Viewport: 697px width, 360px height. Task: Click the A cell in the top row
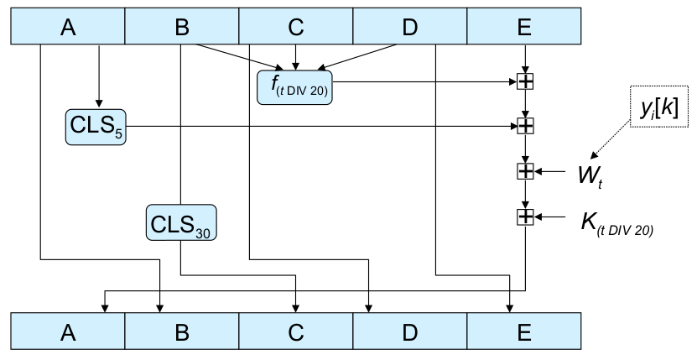(67, 27)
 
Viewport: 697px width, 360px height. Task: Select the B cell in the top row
(182, 27)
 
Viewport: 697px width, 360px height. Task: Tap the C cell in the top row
(295, 27)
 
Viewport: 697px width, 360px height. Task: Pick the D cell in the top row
(409, 27)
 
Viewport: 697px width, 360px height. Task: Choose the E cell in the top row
(524, 27)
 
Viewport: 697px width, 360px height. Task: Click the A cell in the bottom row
(67, 331)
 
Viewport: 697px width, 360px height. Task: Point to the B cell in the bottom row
(182, 331)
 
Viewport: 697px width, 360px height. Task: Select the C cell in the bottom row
(295, 331)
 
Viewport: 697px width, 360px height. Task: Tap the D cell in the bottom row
(409, 331)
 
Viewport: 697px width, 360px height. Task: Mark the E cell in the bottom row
(524, 331)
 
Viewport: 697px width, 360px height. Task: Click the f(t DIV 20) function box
(295, 87)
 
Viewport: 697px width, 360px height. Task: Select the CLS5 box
(96, 128)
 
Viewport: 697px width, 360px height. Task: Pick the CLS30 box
(181, 223)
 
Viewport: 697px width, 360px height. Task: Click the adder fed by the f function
(525, 81)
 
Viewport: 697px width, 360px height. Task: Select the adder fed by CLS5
(525, 127)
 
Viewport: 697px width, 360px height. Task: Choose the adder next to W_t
(525, 172)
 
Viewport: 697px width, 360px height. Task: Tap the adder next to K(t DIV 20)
(525, 217)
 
